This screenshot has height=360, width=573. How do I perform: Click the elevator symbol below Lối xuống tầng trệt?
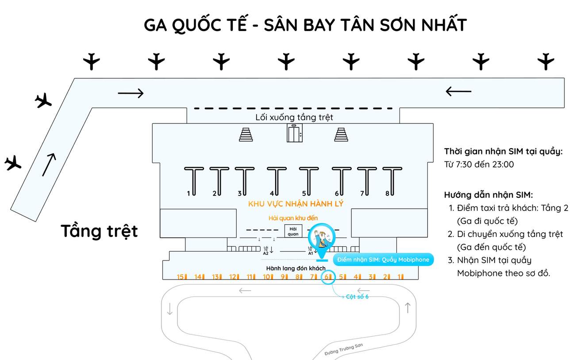click(x=294, y=134)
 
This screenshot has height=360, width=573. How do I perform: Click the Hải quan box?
click(x=293, y=231)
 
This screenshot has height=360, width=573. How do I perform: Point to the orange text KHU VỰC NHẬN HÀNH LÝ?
click(x=296, y=204)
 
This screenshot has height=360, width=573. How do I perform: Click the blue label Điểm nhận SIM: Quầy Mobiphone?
click(x=383, y=260)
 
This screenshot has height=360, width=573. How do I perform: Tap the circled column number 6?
click(x=327, y=277)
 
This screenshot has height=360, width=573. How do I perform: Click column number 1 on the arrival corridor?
click(x=400, y=277)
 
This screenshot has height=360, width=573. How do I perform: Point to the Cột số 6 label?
click(x=357, y=297)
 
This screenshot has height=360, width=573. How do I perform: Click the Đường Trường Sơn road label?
click(x=343, y=349)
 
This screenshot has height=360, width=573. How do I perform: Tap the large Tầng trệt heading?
click(x=99, y=231)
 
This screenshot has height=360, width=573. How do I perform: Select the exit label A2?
click(x=266, y=251)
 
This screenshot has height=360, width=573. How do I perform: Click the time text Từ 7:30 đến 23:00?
click(x=479, y=165)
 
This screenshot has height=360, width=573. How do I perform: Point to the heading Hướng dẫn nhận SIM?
click(x=488, y=195)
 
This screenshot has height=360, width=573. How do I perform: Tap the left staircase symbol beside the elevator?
click(x=246, y=134)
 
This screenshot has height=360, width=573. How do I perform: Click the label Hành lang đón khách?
click(x=296, y=268)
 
